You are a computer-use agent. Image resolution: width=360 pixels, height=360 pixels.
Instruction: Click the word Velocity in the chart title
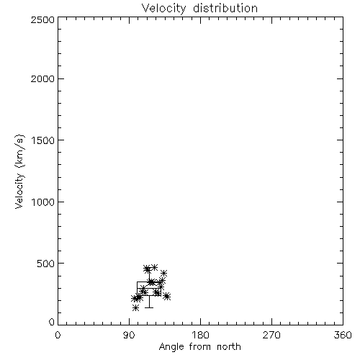(x=163, y=9)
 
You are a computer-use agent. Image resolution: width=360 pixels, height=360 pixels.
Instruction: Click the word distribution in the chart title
(x=225, y=8)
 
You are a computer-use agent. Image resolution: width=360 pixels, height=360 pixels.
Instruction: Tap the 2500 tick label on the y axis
(x=42, y=19)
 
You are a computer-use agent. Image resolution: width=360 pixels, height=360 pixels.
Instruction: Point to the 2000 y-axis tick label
(x=42, y=78)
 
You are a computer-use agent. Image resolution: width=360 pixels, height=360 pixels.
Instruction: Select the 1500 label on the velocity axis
(x=43, y=140)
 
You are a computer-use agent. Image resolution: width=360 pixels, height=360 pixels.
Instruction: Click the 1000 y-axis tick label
(x=43, y=202)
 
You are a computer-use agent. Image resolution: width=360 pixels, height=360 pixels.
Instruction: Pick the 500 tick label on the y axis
(x=46, y=264)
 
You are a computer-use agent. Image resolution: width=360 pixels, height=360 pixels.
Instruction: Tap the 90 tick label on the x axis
(x=129, y=335)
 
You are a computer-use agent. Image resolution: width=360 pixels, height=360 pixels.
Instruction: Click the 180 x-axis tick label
(x=200, y=335)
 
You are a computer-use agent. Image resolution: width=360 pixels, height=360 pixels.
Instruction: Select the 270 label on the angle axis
(x=271, y=335)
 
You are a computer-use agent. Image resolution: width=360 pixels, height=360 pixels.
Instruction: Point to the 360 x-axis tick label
(x=343, y=335)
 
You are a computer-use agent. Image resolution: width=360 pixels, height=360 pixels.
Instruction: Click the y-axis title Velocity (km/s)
(x=19, y=171)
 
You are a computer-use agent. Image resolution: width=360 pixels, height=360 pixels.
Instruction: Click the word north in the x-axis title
(x=229, y=347)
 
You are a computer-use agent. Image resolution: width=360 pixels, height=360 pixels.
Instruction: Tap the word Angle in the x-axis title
(x=171, y=347)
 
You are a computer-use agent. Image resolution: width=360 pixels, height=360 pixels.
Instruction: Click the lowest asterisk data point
(x=136, y=307)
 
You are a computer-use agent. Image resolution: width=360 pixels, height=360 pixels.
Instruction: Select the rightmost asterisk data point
(x=167, y=297)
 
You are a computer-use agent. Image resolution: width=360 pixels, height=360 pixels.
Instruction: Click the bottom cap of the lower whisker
(x=149, y=307)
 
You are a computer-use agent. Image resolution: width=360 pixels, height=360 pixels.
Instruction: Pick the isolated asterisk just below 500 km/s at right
(x=163, y=273)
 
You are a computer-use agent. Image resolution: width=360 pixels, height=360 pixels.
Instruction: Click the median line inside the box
(x=149, y=288)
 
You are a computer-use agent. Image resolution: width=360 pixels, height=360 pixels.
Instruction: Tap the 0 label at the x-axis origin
(x=58, y=335)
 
